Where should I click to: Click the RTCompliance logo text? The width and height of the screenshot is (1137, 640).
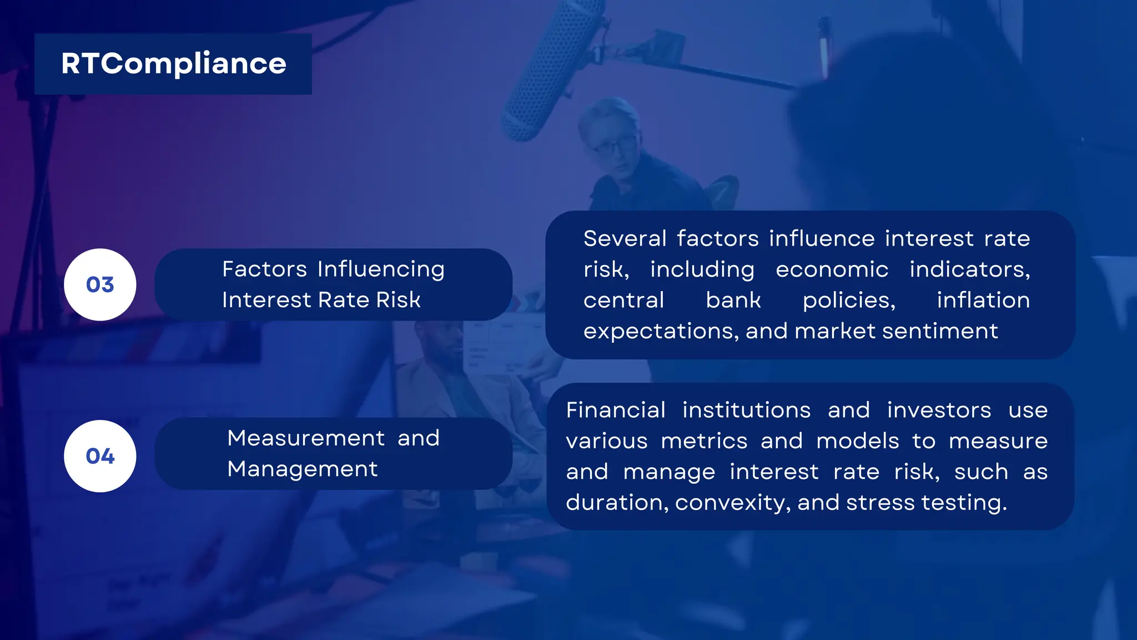click(173, 64)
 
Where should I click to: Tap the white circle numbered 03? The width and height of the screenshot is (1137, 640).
click(100, 284)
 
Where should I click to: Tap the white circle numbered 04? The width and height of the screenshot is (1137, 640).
click(100, 456)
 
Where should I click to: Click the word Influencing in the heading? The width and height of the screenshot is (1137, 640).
click(381, 270)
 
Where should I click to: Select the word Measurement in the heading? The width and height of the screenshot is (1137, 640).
click(306, 438)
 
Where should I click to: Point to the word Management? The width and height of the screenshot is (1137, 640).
click(303, 469)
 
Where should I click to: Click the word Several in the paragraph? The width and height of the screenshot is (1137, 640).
click(625, 239)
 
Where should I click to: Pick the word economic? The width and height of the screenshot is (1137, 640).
click(832, 270)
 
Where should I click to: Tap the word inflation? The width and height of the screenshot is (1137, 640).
click(983, 301)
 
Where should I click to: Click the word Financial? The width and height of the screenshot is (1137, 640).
click(616, 411)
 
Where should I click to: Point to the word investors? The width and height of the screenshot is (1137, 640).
click(939, 411)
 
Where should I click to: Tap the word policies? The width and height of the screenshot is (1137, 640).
click(849, 301)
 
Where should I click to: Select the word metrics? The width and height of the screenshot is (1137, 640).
click(704, 442)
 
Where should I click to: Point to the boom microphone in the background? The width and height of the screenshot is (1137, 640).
click(552, 69)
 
